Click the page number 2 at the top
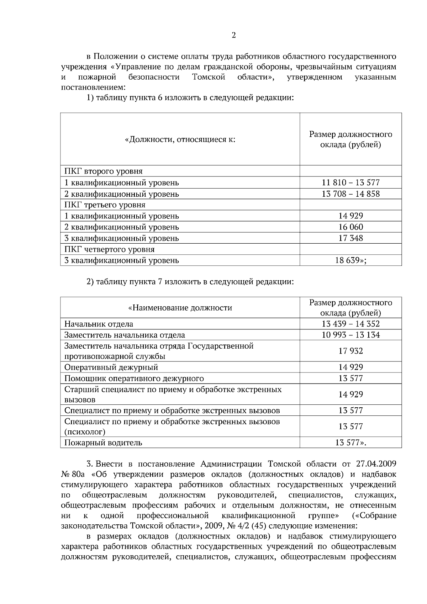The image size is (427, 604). pos(233,35)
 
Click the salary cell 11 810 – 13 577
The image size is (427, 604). pos(350,182)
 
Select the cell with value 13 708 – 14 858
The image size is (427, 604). pos(350,194)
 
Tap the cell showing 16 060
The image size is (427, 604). pos(350,227)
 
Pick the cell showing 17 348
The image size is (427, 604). pos(350,238)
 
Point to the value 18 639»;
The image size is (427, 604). pos(350,260)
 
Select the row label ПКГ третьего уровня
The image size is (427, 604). pos(105,205)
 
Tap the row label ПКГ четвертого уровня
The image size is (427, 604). pos(109,249)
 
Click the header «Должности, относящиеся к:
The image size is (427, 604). pos(180,139)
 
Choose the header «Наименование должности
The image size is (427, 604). pos(180,308)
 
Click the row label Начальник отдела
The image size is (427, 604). pos(99,324)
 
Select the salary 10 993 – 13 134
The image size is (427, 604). pos(350,335)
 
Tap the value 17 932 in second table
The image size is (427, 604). pos(350,351)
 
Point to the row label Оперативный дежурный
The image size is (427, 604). pos(111,367)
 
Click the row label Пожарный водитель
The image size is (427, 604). pos(103,443)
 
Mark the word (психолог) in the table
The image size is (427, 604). pos(85,432)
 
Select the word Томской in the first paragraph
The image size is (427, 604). pos(209,77)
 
